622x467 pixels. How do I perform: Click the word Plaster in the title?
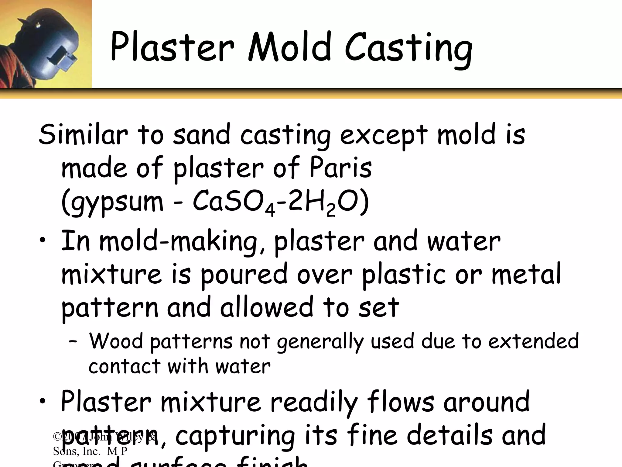[x=172, y=47]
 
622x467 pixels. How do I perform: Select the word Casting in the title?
[x=408, y=49]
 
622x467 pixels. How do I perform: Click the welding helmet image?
[x=46, y=44]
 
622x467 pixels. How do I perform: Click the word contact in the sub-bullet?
[x=124, y=366]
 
